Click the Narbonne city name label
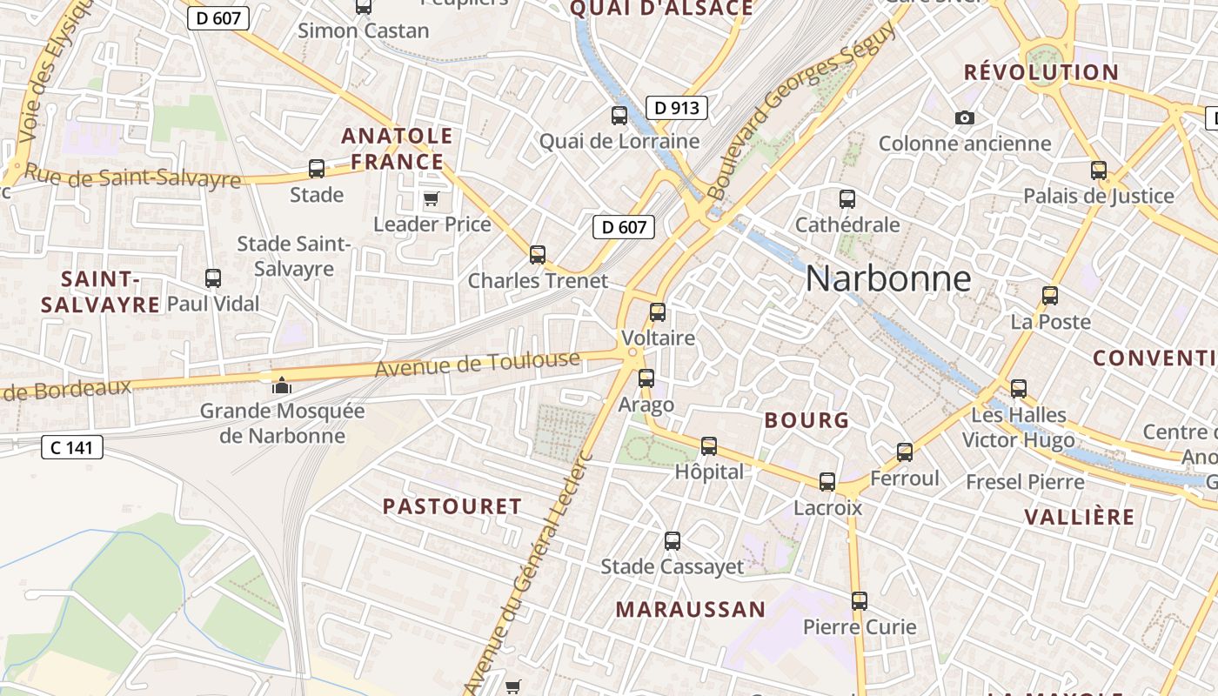tap(887, 278)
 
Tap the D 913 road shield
tap(676, 108)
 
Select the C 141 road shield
tap(72, 448)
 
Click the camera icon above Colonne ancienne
tap(964, 117)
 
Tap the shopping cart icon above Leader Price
tap(431, 199)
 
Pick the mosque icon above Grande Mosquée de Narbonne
tap(282, 385)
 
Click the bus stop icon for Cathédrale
tap(847, 199)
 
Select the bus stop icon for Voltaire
tap(658, 312)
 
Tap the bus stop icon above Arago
tap(646, 378)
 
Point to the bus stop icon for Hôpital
tap(709, 446)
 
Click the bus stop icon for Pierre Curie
tap(860, 600)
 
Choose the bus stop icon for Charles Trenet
tap(538, 255)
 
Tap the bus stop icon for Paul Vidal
tap(213, 278)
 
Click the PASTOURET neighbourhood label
tap(452, 506)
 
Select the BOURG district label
tap(806, 420)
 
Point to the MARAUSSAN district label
tap(691, 609)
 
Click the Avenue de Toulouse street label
tap(477, 363)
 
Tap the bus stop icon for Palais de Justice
tap(1099, 171)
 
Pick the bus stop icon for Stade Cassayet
tap(673, 541)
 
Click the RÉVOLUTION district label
tap(1041, 72)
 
